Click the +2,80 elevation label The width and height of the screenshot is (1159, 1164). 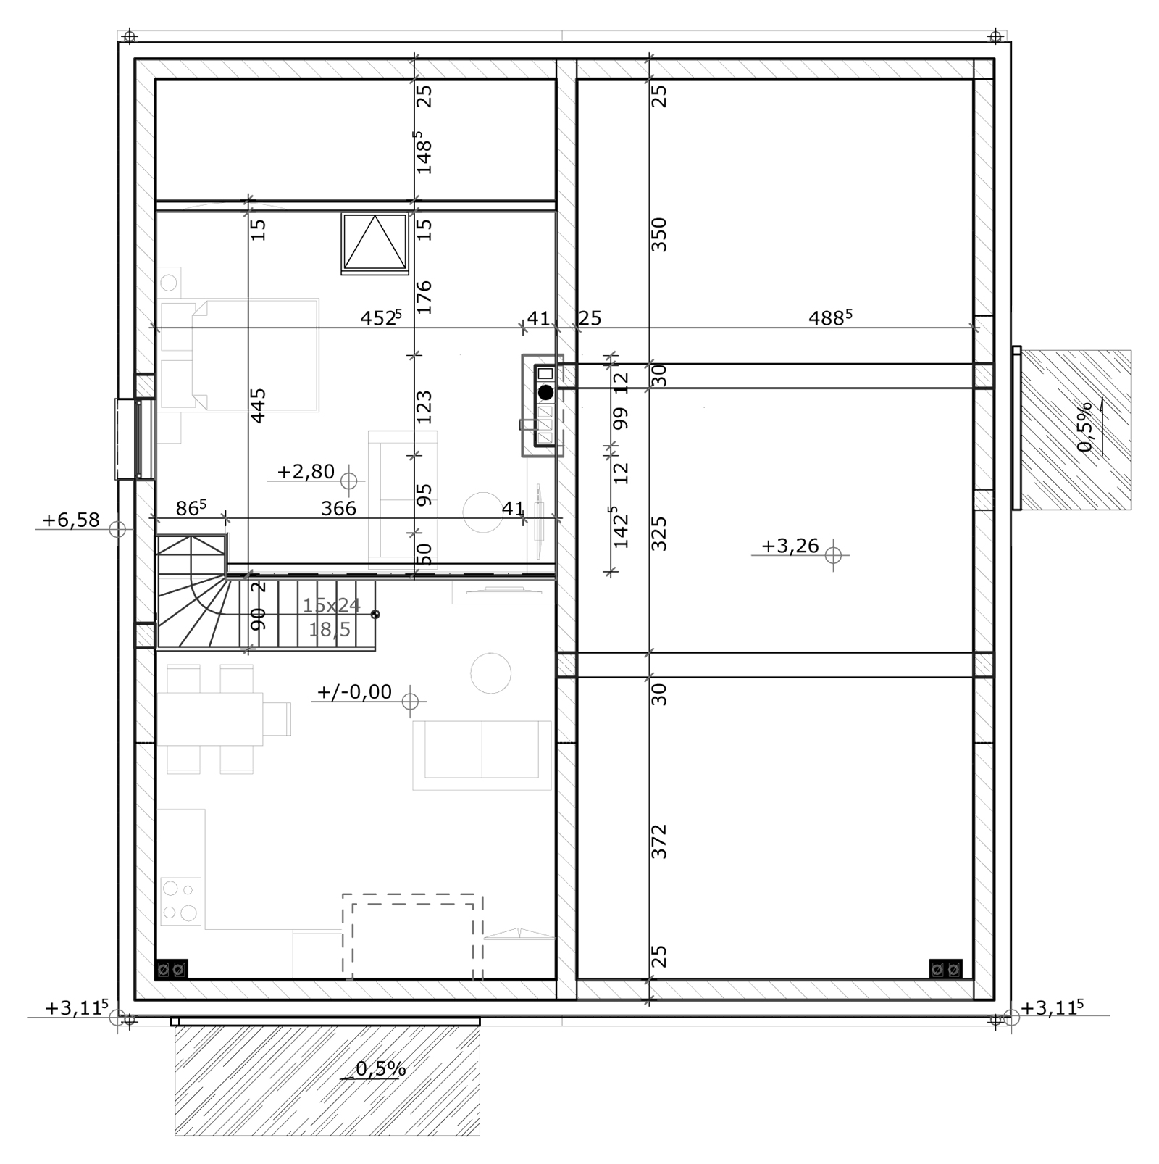click(306, 472)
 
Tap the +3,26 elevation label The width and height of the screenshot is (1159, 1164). click(790, 546)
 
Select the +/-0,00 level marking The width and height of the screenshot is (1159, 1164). click(354, 692)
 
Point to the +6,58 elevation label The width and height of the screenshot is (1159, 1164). click(70, 520)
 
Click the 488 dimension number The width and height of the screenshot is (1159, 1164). click(830, 317)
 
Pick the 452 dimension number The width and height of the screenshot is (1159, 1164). click(381, 317)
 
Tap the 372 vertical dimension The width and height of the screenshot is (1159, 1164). click(658, 841)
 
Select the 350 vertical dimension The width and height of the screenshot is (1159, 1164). click(658, 234)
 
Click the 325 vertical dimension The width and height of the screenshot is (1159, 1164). click(658, 533)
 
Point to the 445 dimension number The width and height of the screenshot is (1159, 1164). click(258, 405)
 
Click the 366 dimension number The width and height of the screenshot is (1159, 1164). click(339, 509)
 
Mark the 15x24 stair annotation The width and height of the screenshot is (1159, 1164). click(331, 604)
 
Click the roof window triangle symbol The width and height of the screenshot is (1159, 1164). click(375, 243)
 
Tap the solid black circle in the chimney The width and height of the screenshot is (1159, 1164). click(546, 392)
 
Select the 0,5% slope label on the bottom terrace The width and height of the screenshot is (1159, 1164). click(381, 1068)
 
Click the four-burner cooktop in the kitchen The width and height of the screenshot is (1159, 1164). click(180, 901)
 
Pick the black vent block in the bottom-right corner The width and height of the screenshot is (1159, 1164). click(946, 968)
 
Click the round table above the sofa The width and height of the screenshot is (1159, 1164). click(490, 673)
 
